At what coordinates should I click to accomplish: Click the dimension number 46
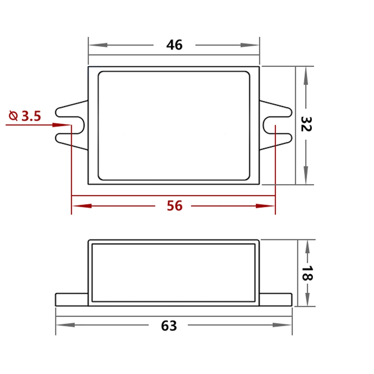pyautogui.click(x=174, y=45)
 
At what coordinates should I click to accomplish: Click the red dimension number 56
pyautogui.click(x=175, y=206)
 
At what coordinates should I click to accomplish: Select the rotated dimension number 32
pyautogui.click(x=306, y=124)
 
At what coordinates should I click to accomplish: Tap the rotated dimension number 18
pyautogui.click(x=307, y=273)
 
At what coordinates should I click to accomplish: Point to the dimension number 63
pyautogui.click(x=169, y=326)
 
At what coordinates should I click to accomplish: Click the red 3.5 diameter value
pyautogui.click(x=31, y=116)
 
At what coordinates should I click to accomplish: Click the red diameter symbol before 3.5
pyautogui.click(x=13, y=116)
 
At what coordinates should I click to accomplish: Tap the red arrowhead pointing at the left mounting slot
pyautogui.click(x=62, y=125)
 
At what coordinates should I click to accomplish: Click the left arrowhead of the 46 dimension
pyautogui.click(x=98, y=45)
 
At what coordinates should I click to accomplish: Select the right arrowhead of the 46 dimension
pyautogui.click(x=249, y=45)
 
